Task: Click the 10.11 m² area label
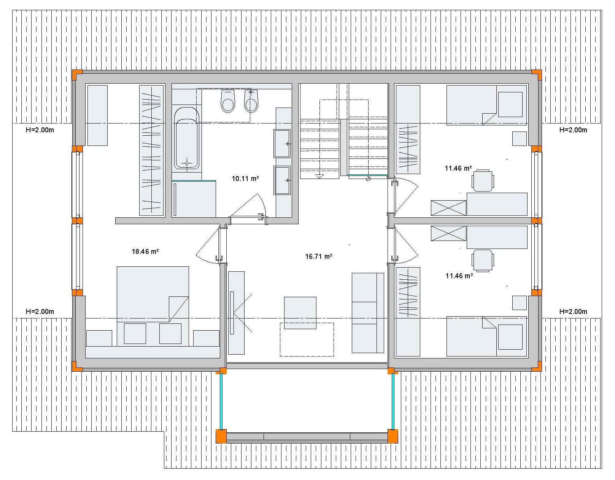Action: coord(245,178)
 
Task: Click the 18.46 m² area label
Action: coord(145,251)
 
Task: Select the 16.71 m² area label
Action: coord(318,256)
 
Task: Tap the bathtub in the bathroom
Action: coord(186,138)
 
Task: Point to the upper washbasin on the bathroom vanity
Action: coord(282,144)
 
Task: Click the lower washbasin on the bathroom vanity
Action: coord(282,180)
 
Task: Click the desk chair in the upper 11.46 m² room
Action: coord(483,181)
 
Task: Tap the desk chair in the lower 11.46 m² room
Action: coord(483,261)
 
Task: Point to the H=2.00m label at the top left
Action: coord(40,130)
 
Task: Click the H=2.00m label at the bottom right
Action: coord(573,312)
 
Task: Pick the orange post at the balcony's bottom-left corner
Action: coord(221,436)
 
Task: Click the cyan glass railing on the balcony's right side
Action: coord(393,402)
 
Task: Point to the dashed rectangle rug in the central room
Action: coord(307,339)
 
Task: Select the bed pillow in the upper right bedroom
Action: coord(510,104)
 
